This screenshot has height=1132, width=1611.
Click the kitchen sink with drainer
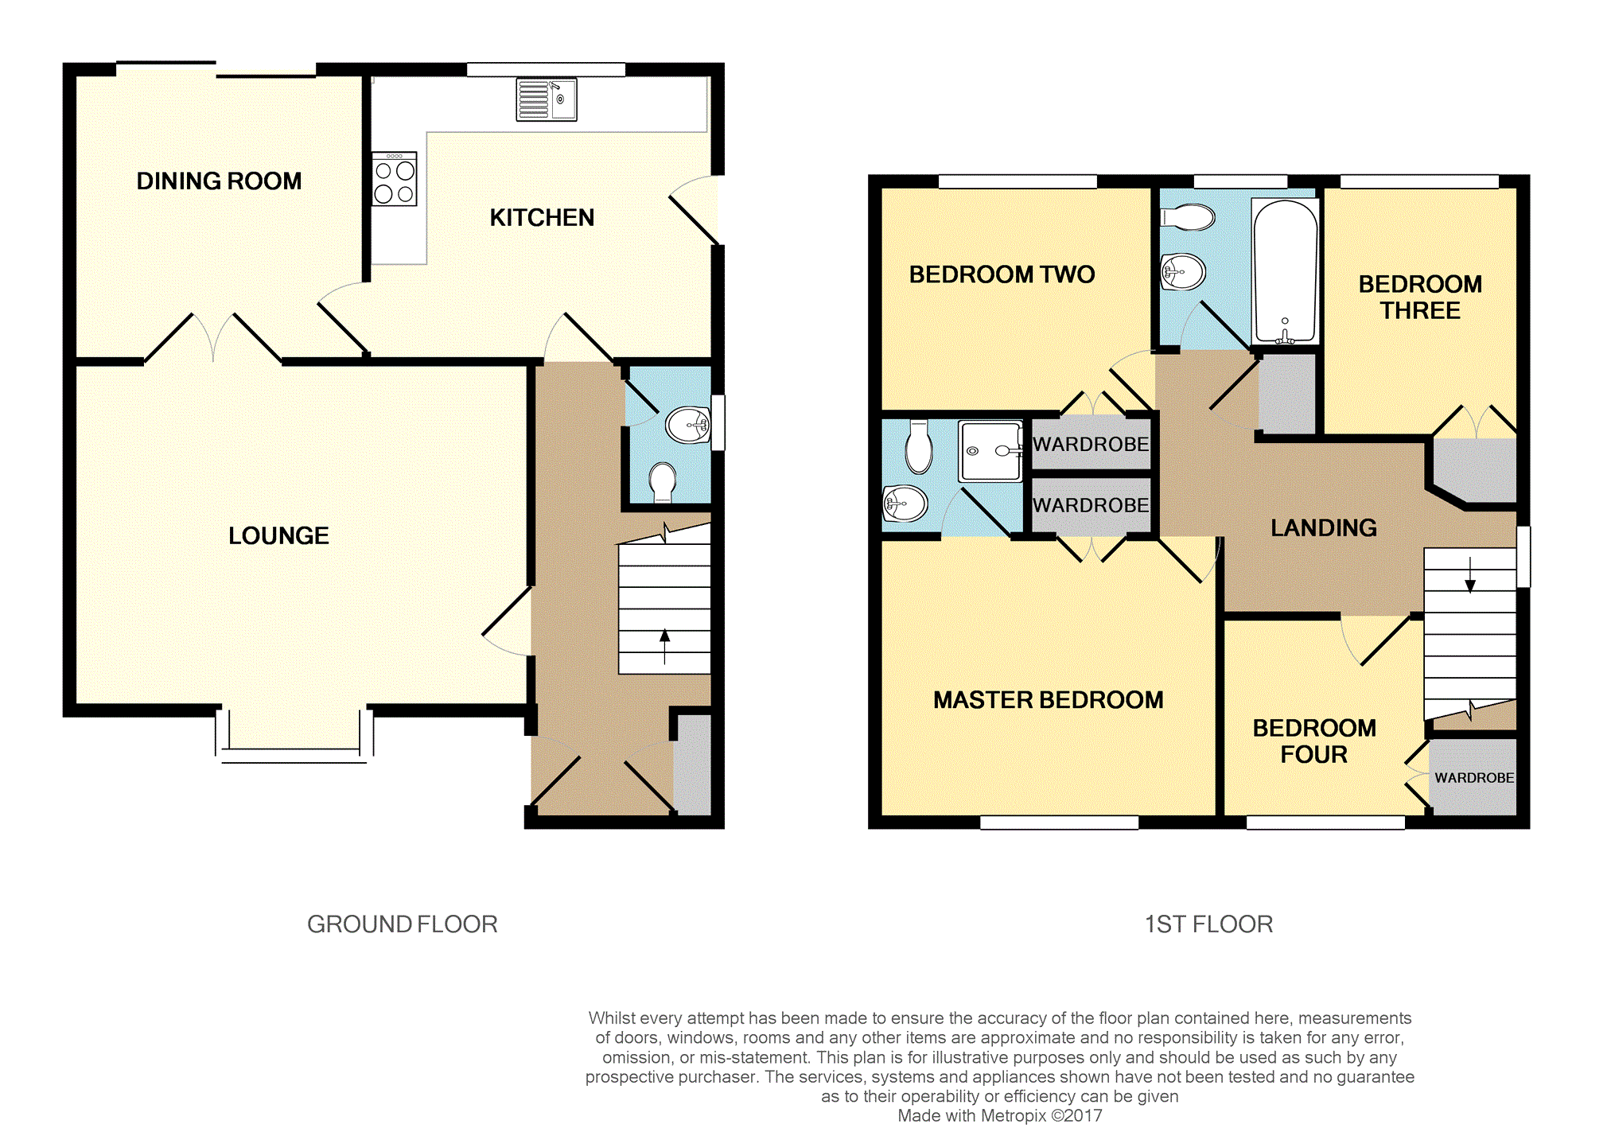[x=546, y=99]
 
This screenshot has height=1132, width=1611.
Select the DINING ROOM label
[x=219, y=181]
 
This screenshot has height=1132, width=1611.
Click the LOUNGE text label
[x=278, y=535]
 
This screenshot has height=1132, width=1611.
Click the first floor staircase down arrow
[x=1470, y=575]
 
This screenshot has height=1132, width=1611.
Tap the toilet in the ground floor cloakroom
[x=663, y=481]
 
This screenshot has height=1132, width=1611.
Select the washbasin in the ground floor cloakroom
[x=687, y=425]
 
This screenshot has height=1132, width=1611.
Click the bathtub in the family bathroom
[x=1285, y=270]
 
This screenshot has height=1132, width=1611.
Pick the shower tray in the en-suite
[x=990, y=451]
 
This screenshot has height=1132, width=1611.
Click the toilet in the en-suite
[x=919, y=448]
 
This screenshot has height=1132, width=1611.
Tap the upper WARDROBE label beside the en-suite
[x=1091, y=444]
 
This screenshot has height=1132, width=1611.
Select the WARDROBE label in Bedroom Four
[x=1473, y=778]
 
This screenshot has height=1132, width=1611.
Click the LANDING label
[x=1323, y=527]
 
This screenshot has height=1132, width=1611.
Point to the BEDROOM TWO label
[x=1002, y=274]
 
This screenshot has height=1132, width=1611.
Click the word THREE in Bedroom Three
[x=1419, y=311]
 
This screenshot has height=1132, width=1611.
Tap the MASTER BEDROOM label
[x=1048, y=700]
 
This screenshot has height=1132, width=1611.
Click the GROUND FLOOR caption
[x=402, y=924]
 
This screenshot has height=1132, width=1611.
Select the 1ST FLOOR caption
[x=1208, y=924]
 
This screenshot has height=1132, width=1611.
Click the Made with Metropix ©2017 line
[x=999, y=1116]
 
